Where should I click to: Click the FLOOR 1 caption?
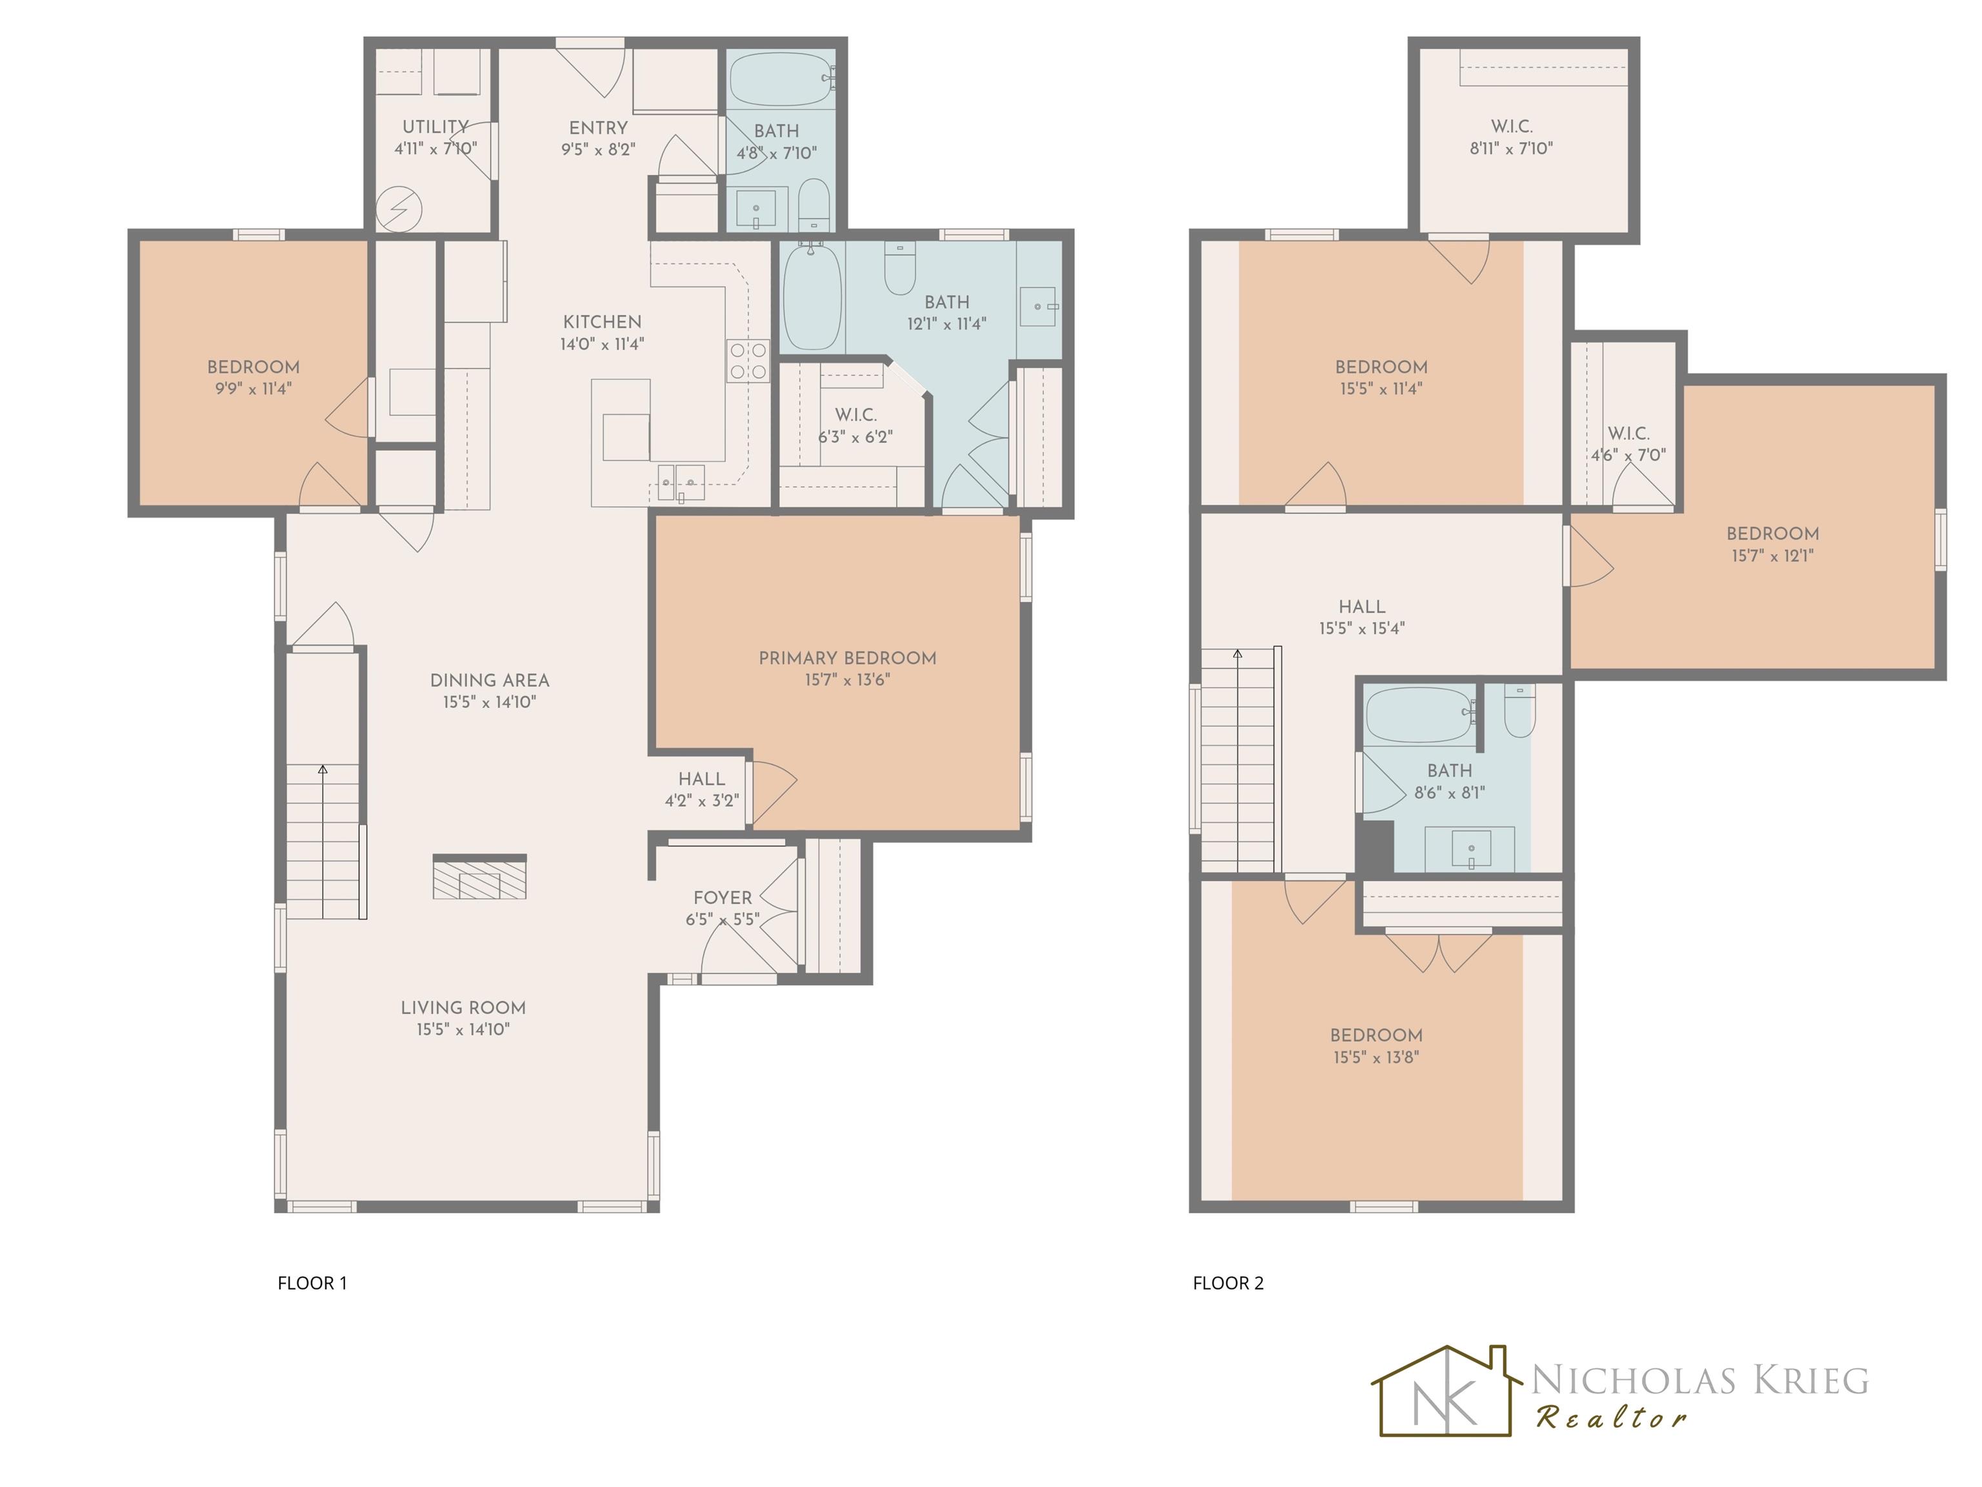(312, 1282)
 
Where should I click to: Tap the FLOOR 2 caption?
(1228, 1282)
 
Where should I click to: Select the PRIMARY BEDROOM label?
(848, 658)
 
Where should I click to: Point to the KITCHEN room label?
(602, 322)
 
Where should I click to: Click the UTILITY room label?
(435, 126)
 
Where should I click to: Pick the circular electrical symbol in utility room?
(399, 210)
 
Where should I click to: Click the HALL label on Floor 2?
(1362, 607)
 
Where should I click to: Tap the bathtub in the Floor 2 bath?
(1419, 715)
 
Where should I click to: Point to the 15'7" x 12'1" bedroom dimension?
(1772, 556)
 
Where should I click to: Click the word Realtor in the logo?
(1612, 1417)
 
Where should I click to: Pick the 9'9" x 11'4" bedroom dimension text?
(254, 389)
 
